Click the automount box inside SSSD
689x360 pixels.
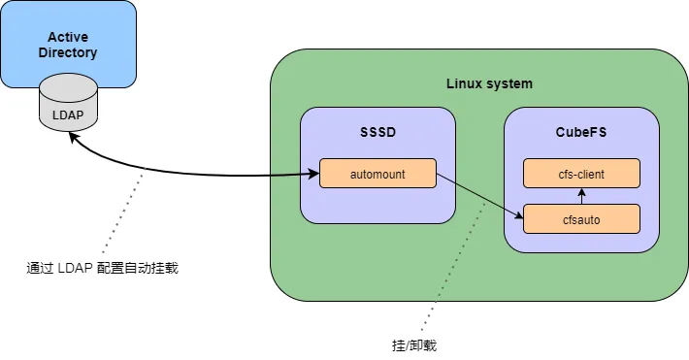tap(377, 175)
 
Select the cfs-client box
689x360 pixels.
tap(581, 174)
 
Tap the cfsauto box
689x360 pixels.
tap(581, 219)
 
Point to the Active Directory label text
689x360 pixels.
tap(68, 45)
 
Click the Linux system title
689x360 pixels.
tap(489, 83)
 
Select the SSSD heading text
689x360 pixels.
tap(377, 130)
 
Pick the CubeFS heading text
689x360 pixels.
tap(581, 130)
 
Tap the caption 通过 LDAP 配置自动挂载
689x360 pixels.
tap(102, 268)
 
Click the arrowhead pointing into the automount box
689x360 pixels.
tap(314, 175)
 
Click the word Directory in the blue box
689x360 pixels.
tap(68, 52)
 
